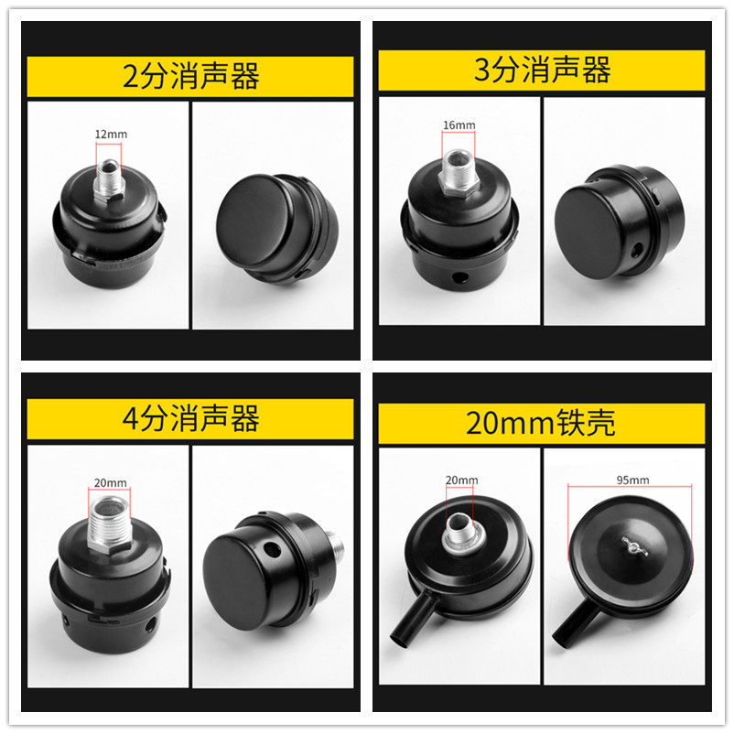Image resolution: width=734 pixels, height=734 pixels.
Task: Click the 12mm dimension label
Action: tap(111, 135)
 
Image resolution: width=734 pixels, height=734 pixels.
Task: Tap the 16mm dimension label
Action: tap(459, 125)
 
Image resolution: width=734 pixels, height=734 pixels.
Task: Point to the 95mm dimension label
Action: tap(632, 480)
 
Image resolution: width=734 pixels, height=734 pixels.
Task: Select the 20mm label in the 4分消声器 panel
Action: tap(111, 482)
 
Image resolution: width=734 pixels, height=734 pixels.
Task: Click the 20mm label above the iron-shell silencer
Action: tap(461, 480)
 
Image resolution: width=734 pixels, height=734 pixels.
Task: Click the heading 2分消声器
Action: tap(191, 76)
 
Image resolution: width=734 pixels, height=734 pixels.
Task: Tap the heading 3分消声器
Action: tap(542, 70)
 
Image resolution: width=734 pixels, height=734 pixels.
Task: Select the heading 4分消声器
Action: tap(191, 418)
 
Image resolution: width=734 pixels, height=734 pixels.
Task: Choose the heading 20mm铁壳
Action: tap(540, 422)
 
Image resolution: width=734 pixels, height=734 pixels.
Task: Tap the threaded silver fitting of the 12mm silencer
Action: tap(109, 180)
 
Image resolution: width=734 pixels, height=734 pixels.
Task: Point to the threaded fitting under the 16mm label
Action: tap(459, 172)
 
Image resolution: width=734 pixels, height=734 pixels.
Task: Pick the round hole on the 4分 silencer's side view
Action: tap(272, 548)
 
